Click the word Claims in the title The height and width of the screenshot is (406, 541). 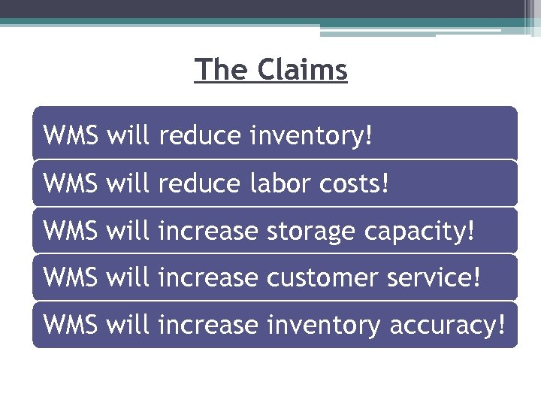[303, 70]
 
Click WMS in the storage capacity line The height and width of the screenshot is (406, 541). [71, 231]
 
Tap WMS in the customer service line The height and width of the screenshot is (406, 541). [71, 278]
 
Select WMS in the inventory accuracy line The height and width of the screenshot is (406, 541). [71, 326]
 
